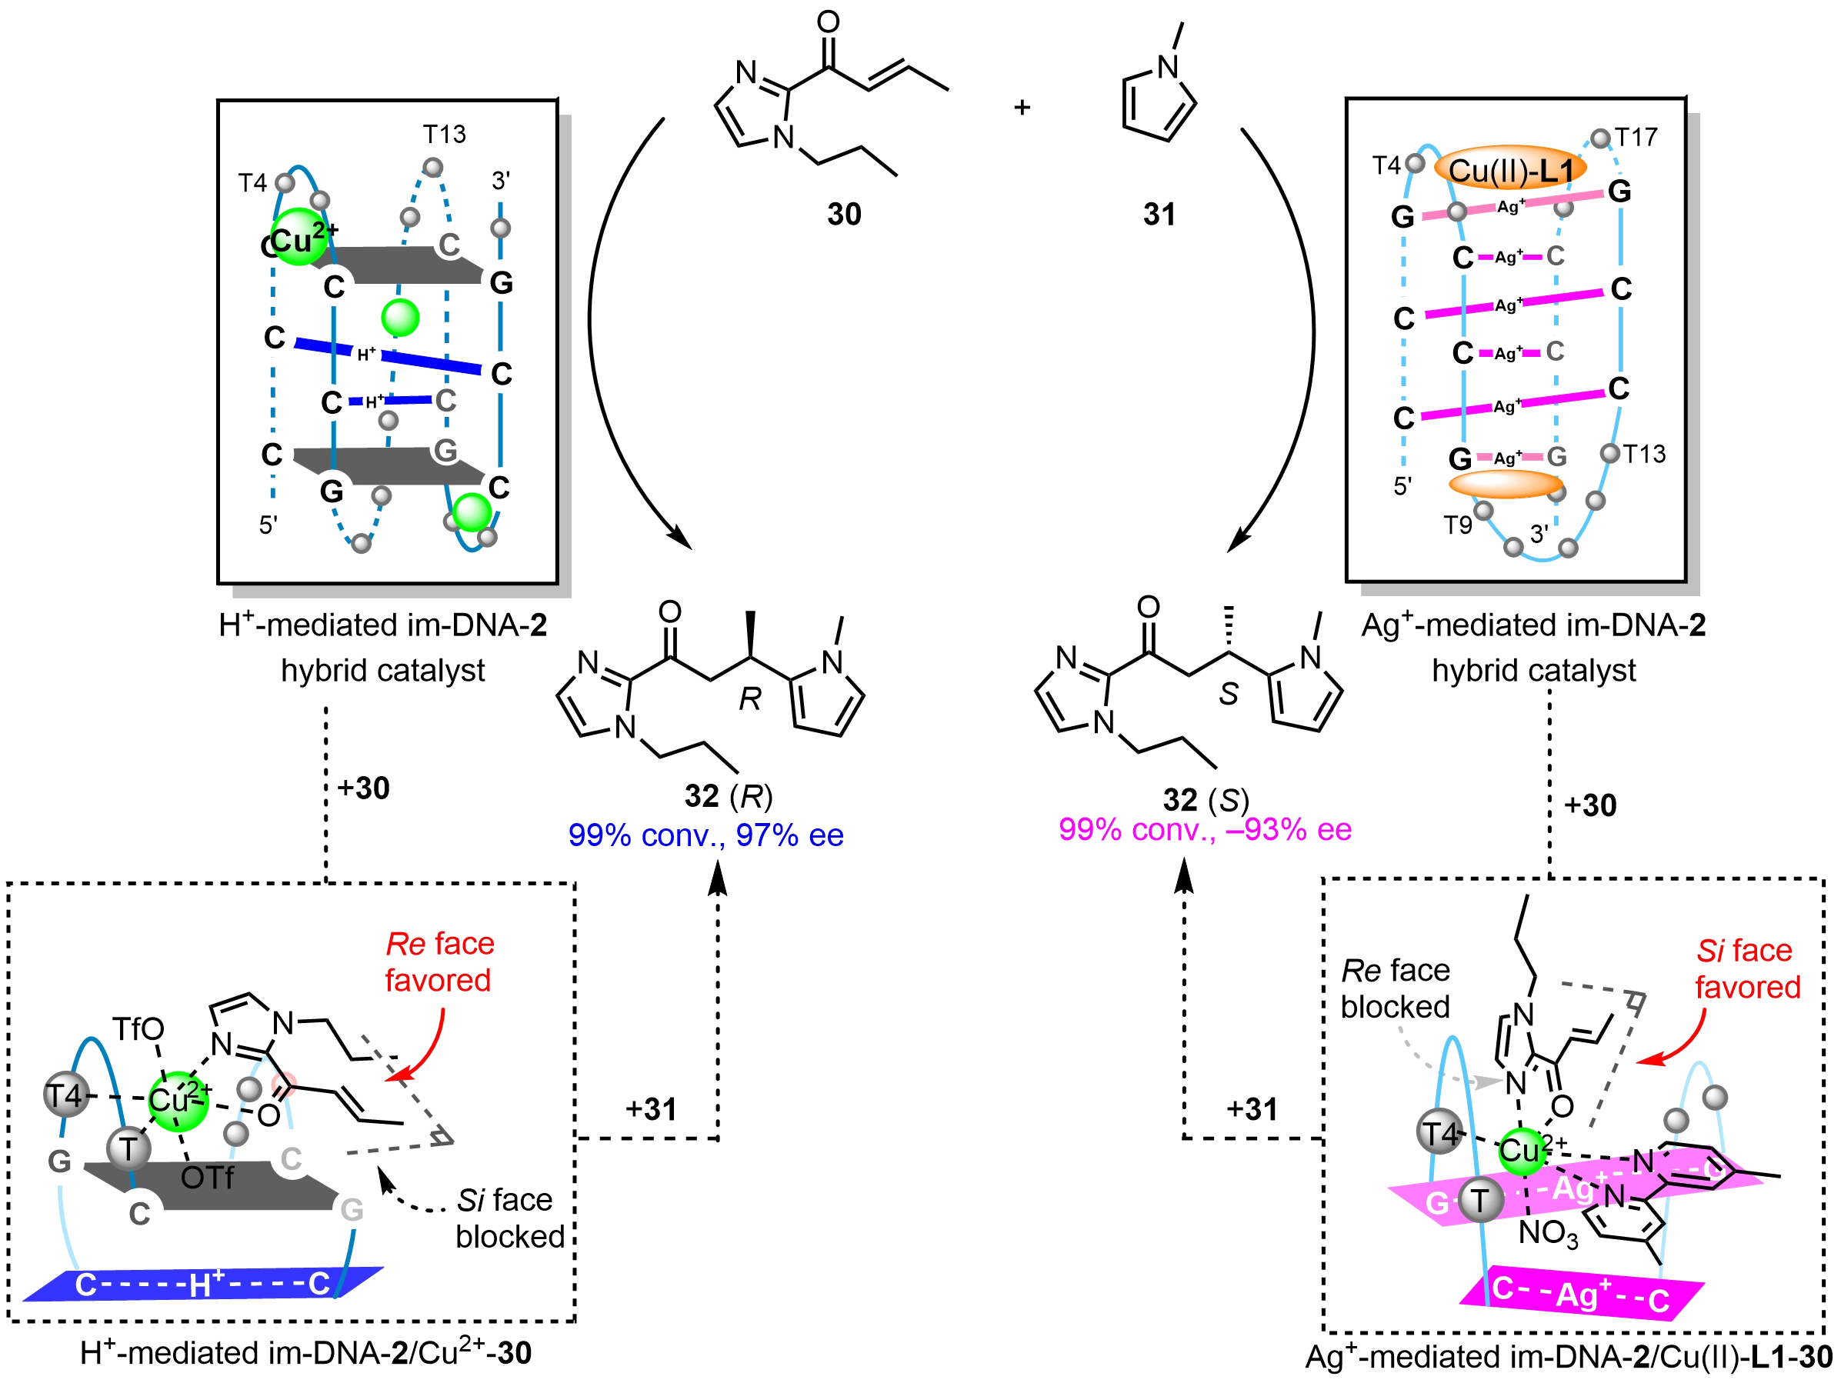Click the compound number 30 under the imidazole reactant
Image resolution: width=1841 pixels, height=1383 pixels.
(x=842, y=215)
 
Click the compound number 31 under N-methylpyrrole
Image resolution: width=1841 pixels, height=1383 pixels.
(x=1158, y=215)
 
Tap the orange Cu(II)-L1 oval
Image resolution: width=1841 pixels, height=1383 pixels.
(x=1509, y=170)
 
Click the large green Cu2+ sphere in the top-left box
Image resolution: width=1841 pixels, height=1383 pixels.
(x=298, y=240)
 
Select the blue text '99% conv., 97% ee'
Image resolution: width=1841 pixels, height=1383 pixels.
(x=705, y=835)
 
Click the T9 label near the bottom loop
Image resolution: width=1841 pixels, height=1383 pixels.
(x=1458, y=525)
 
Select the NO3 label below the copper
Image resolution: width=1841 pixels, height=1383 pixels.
(x=1549, y=1232)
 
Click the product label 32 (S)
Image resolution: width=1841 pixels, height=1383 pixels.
(x=1205, y=800)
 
